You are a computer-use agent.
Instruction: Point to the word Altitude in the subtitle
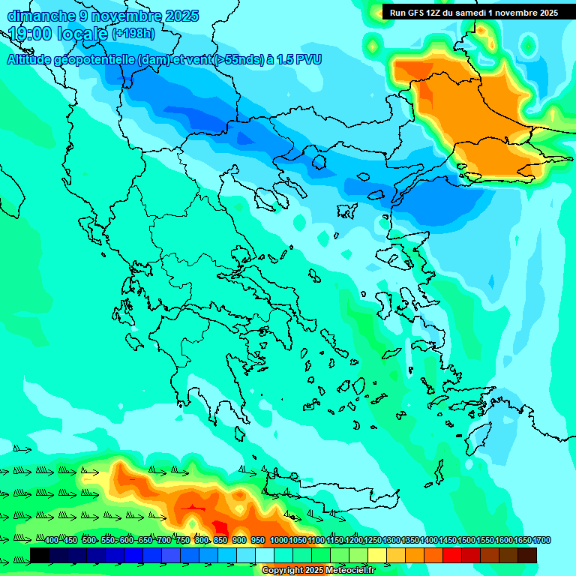click(33, 59)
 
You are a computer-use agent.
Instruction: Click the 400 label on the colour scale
click(51, 541)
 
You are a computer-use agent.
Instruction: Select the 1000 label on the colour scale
click(277, 541)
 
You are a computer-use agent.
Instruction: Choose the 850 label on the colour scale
click(220, 541)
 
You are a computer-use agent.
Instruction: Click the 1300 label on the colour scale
click(391, 541)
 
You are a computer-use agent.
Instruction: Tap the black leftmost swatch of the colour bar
click(40, 555)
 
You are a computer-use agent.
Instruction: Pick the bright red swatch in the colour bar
click(452, 555)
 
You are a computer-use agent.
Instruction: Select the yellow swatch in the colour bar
click(377, 555)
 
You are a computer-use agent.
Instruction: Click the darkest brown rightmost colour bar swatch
click(527, 555)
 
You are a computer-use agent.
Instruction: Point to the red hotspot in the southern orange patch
click(220, 526)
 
